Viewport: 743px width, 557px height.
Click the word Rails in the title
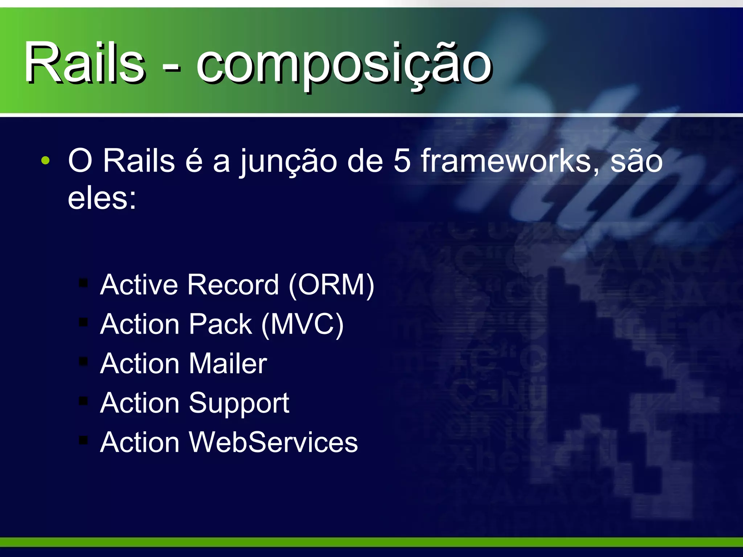coord(84,62)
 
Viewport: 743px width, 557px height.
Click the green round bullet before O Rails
coord(45,160)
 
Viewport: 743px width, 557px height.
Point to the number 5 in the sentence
coord(402,161)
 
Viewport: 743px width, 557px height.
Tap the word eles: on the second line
coord(102,198)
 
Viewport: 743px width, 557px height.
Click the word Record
coord(233,285)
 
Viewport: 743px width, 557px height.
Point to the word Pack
coord(220,324)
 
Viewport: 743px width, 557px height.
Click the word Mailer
coord(227,363)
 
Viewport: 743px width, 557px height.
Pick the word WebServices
coord(273,442)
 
